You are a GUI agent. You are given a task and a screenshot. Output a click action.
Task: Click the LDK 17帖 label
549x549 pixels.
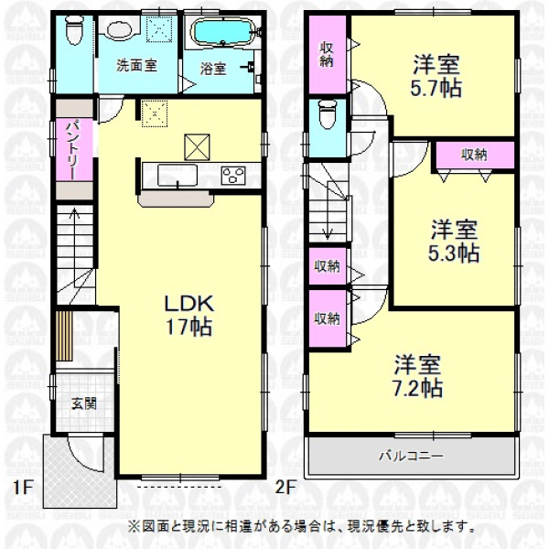189,315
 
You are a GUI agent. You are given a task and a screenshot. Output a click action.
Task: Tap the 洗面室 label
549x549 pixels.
136,66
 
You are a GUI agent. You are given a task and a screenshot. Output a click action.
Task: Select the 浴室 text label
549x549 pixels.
213,69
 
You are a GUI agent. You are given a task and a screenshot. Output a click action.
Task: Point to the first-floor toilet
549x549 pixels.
73,30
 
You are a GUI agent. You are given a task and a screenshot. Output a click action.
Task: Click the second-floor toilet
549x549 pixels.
328,113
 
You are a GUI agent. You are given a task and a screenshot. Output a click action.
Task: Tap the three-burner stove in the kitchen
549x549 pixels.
233,176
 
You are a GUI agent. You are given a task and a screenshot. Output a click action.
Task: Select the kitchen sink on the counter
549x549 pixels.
177,175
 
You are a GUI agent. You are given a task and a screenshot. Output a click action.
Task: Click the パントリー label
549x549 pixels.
73,150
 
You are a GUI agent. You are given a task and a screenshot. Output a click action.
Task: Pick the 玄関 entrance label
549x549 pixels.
83,404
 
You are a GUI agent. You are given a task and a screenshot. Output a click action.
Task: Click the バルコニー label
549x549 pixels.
412,457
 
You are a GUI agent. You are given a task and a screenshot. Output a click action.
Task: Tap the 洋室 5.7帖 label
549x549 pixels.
436,76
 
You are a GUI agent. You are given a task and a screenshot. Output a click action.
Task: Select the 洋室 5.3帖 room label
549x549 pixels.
454,241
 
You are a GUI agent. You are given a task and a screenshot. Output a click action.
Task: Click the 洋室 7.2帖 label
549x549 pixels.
417,376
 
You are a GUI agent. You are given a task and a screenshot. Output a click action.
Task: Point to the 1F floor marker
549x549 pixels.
22,488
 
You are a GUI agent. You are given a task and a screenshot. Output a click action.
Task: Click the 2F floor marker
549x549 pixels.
285,488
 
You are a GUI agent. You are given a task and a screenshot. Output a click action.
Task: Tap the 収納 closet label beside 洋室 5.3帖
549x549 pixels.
474,155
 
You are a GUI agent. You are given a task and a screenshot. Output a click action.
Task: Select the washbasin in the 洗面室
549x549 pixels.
119,29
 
